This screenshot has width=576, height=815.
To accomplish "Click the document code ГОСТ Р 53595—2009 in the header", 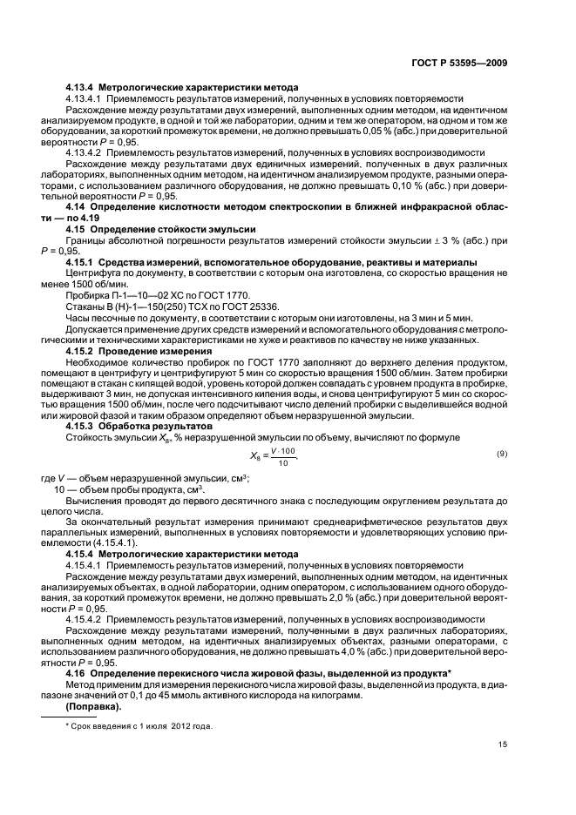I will click(464, 62).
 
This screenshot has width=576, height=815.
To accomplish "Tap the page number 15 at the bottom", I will click(502, 744).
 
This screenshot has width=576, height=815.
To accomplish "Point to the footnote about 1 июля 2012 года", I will click(140, 725).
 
